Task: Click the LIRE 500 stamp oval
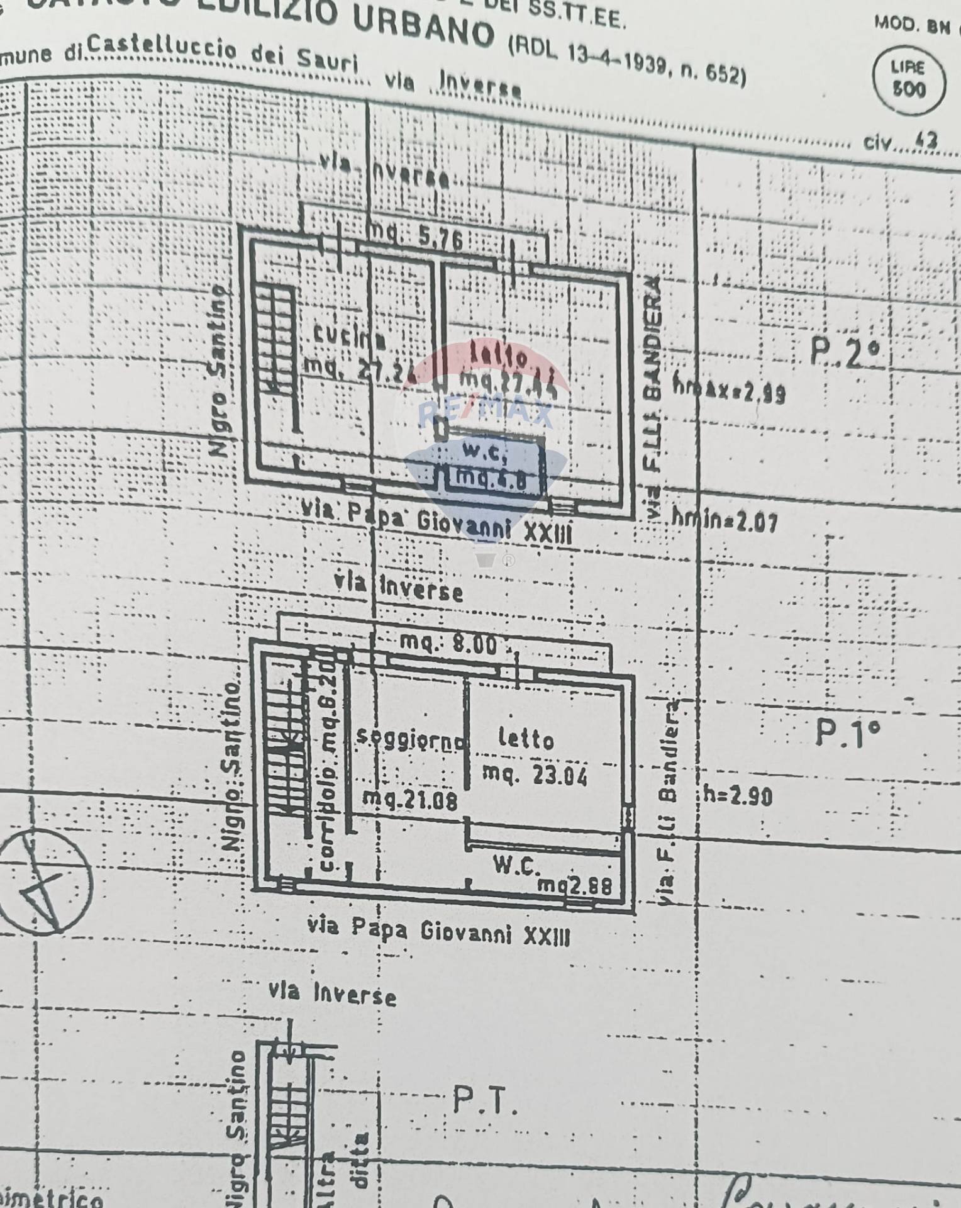[909, 79]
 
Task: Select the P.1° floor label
[847, 733]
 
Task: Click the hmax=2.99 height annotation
[729, 391]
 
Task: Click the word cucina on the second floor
[349, 338]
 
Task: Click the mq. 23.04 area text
[535, 775]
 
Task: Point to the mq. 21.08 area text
[410, 800]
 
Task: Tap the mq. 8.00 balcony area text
[449, 643]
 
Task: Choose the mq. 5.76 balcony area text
[416, 237]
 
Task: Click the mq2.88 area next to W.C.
[574, 885]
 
